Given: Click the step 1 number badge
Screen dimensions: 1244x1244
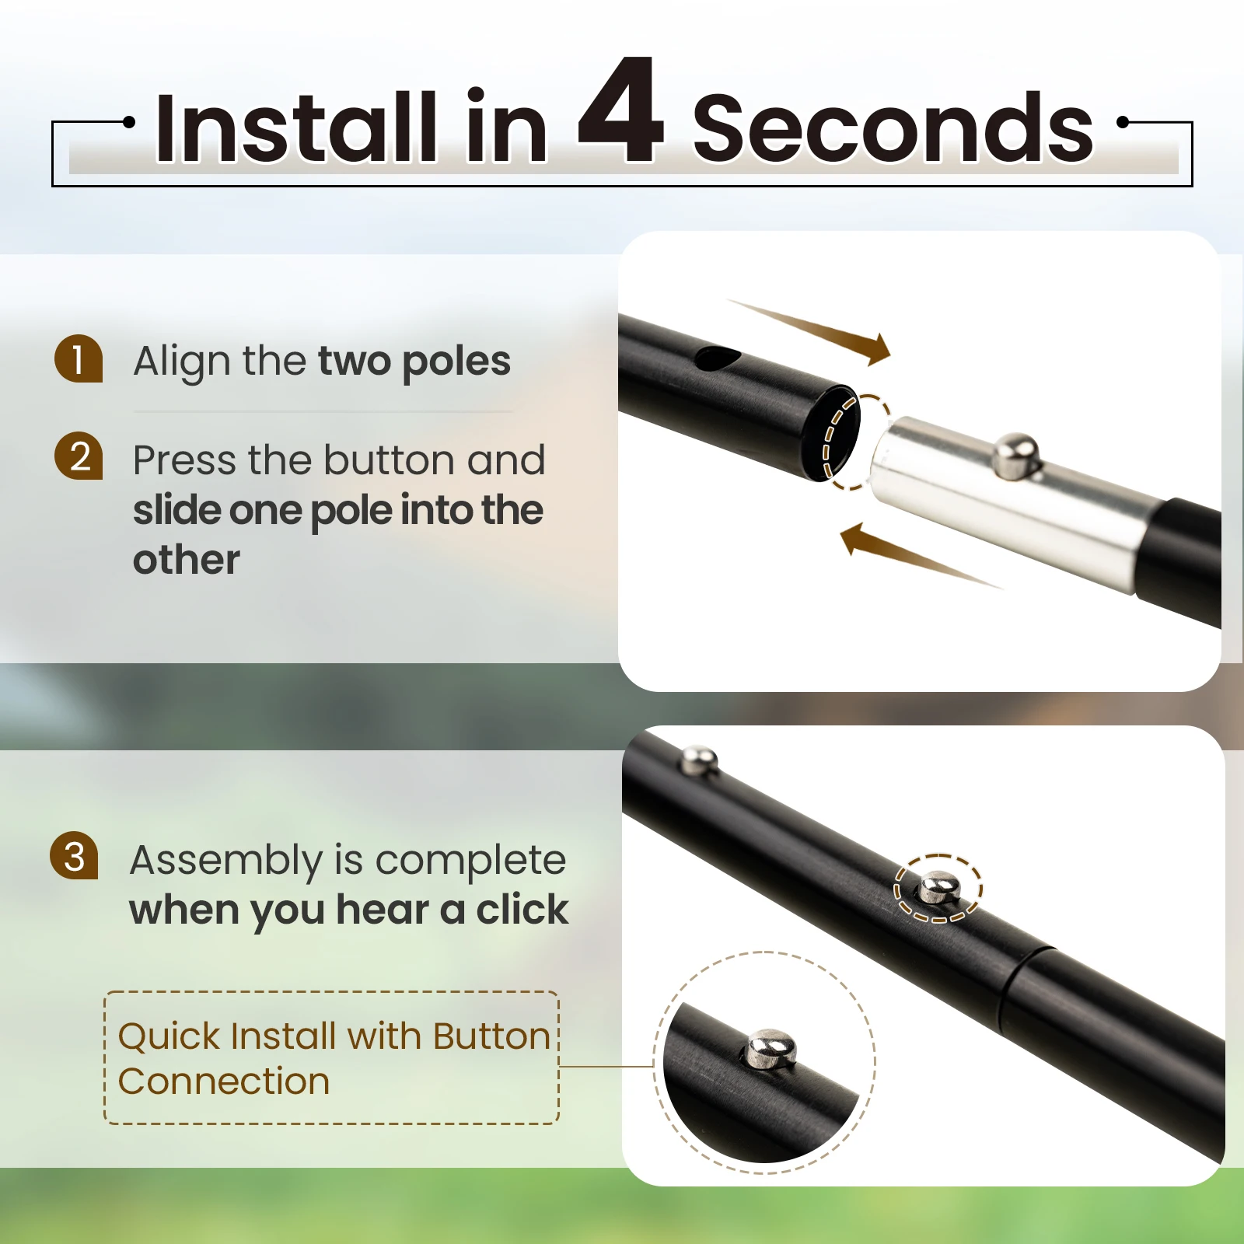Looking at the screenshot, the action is tap(79, 358).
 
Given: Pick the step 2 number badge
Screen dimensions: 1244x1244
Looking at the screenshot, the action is tap(79, 456).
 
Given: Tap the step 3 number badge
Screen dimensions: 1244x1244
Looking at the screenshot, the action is tap(74, 855).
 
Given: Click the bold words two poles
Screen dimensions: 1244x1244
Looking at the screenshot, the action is tap(414, 362).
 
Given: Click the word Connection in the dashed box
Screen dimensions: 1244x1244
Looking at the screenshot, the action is tap(224, 1082).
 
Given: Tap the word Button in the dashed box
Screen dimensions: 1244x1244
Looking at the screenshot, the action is tap(491, 1036).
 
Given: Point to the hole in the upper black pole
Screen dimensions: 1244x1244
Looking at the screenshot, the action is tap(717, 358).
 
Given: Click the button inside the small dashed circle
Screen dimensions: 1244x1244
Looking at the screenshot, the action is tap(939, 888).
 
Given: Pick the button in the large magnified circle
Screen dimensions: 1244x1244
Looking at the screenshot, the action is tap(771, 1049).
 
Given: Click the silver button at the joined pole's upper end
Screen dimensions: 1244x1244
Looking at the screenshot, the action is tap(699, 760).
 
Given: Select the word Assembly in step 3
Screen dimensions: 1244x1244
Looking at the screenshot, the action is tap(226, 861).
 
